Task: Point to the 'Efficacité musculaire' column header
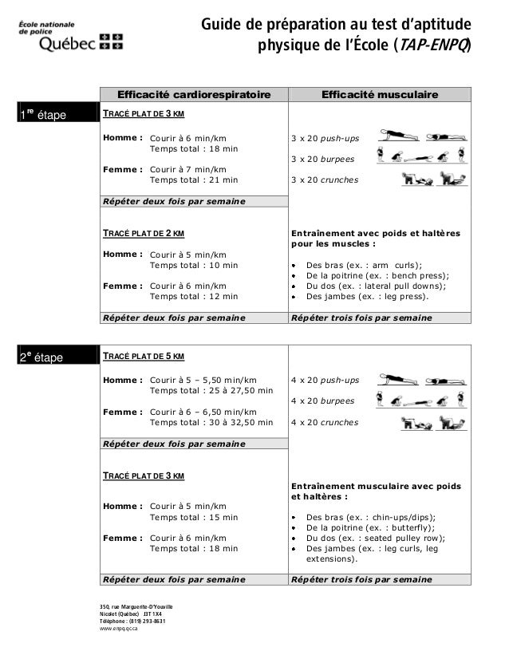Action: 379,96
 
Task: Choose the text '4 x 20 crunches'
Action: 326,422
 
